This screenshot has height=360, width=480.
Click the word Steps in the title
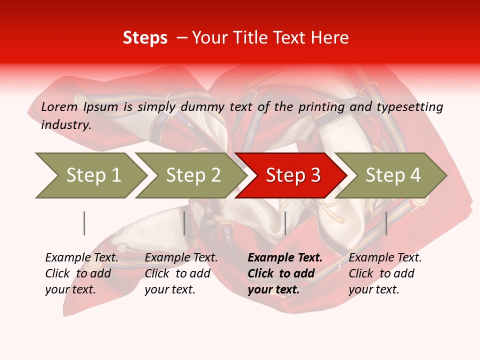click(x=145, y=38)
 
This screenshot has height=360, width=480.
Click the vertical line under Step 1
click(x=84, y=223)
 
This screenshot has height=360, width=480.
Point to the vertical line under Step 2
click(x=184, y=223)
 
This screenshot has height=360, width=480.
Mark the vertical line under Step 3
click(x=285, y=223)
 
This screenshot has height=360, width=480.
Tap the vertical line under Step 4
click(x=386, y=223)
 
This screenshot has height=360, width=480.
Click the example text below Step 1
click(x=81, y=273)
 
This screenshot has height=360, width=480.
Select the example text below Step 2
click(x=181, y=273)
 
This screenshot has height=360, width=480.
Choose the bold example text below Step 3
click(x=285, y=273)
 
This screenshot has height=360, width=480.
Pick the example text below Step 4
click(x=385, y=273)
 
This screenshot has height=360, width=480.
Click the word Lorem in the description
click(x=59, y=107)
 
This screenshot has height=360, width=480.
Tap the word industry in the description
click(x=66, y=125)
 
